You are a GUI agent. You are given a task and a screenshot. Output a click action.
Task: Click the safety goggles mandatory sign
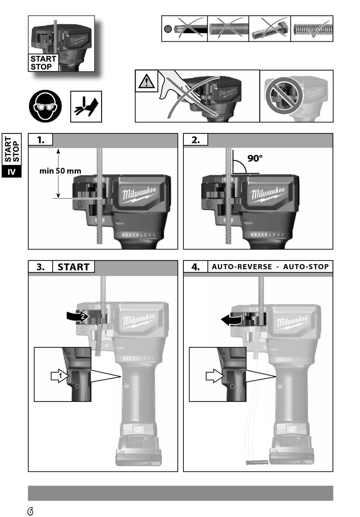[45, 106]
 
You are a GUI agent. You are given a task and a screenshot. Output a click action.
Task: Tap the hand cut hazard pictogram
[86, 106]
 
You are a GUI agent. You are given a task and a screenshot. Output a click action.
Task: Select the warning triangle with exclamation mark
[146, 81]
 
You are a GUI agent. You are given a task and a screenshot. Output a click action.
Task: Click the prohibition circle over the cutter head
[284, 95]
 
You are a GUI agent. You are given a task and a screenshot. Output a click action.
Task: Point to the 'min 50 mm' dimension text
[60, 171]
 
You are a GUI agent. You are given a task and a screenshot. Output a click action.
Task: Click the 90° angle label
[255, 158]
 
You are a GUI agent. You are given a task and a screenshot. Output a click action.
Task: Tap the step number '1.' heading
[41, 140]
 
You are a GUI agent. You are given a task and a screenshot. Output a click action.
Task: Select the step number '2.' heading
[196, 140]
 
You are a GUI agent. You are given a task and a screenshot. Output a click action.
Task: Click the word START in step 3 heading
[74, 267]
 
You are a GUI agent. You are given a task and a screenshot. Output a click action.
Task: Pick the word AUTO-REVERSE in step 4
[242, 267]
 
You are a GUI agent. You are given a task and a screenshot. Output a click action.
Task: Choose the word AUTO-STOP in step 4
[306, 267]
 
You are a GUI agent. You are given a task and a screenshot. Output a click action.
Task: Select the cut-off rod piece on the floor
[257, 460]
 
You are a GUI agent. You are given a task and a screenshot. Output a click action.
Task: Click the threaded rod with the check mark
[312, 29]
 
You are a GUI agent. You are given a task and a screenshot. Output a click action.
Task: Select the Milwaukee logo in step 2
[268, 194]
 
